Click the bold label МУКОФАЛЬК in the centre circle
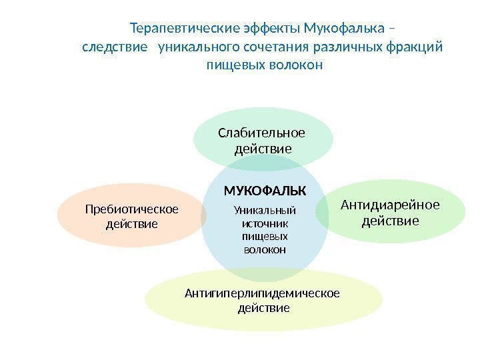click(265, 191)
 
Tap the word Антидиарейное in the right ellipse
click(391, 205)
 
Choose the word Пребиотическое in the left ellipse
click(132, 210)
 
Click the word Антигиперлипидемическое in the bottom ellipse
click(263, 293)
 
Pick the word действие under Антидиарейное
click(391, 220)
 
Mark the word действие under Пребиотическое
click(132, 224)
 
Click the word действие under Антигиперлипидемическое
click(264, 308)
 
